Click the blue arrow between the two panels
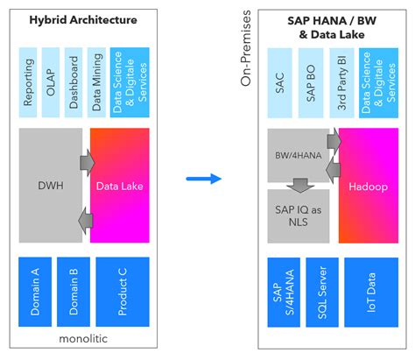[204, 179]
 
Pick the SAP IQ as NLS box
[298, 216]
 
